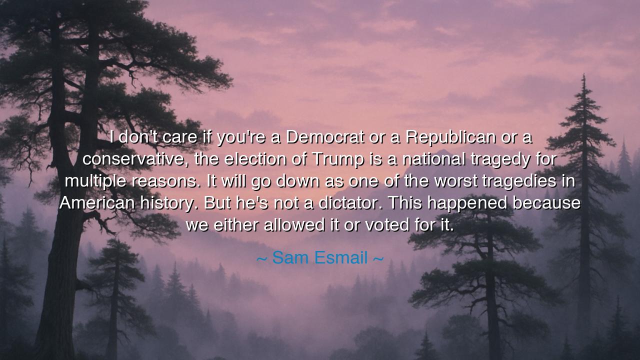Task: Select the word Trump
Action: click(x=337, y=159)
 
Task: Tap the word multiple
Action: click(x=95, y=181)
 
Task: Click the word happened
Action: click(x=467, y=203)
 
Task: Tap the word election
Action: click(x=254, y=159)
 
